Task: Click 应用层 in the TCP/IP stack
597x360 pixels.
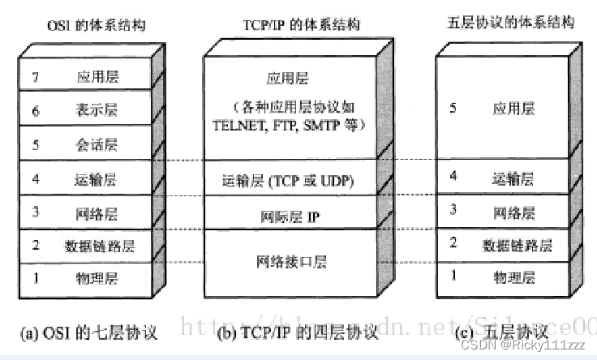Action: tap(287, 79)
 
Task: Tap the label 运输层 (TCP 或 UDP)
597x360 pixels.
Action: tap(287, 180)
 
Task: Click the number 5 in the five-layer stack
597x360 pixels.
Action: tap(453, 108)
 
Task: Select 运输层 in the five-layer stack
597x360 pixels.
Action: tap(514, 179)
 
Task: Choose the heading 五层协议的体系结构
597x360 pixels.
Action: tap(510, 22)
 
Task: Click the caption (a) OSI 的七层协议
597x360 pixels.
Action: tap(87, 332)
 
